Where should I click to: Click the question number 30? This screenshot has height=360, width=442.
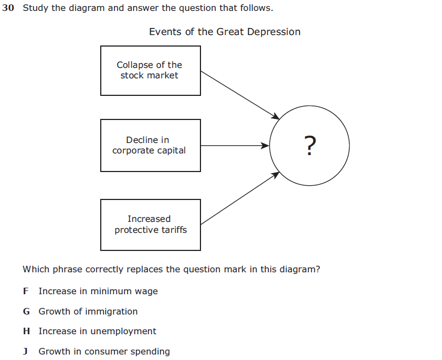(x=8, y=9)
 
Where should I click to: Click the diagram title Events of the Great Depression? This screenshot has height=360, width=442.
(x=225, y=32)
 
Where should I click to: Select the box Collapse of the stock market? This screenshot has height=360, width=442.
(x=150, y=70)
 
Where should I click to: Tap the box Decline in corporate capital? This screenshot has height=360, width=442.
(x=150, y=145)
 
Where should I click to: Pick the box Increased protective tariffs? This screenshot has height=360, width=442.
(x=150, y=225)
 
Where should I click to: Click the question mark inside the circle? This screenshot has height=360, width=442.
(x=309, y=146)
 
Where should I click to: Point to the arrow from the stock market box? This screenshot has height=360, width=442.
(x=239, y=94)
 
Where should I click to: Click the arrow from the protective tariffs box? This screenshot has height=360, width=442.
(x=239, y=198)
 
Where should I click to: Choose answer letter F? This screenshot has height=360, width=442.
(x=26, y=292)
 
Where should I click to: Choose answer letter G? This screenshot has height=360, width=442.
(x=26, y=312)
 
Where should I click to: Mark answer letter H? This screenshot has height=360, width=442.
(x=26, y=332)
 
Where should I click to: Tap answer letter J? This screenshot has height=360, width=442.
(x=25, y=352)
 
